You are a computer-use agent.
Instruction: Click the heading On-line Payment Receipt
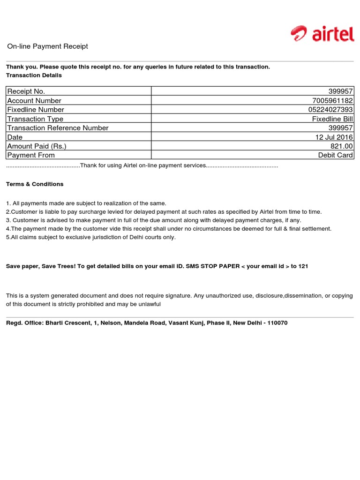(x=47, y=46)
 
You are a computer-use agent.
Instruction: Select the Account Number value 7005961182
(x=332, y=101)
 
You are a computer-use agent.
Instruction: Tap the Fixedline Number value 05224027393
(x=330, y=110)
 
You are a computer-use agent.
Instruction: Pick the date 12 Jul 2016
(x=334, y=137)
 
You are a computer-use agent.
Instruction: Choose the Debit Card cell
(x=336, y=155)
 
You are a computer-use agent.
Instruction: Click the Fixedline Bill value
(x=332, y=119)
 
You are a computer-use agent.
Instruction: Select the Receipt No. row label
(x=26, y=91)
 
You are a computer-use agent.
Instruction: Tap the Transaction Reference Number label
(x=58, y=128)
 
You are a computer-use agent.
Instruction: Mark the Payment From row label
(x=31, y=155)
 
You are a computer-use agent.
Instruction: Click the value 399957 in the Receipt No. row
(x=341, y=91)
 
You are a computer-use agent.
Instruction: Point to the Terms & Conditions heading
(x=35, y=184)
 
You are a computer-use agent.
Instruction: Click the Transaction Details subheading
(x=34, y=75)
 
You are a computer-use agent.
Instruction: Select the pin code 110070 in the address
(x=277, y=323)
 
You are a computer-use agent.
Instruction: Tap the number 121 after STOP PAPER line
(x=303, y=266)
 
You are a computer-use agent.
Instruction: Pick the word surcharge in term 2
(x=90, y=212)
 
